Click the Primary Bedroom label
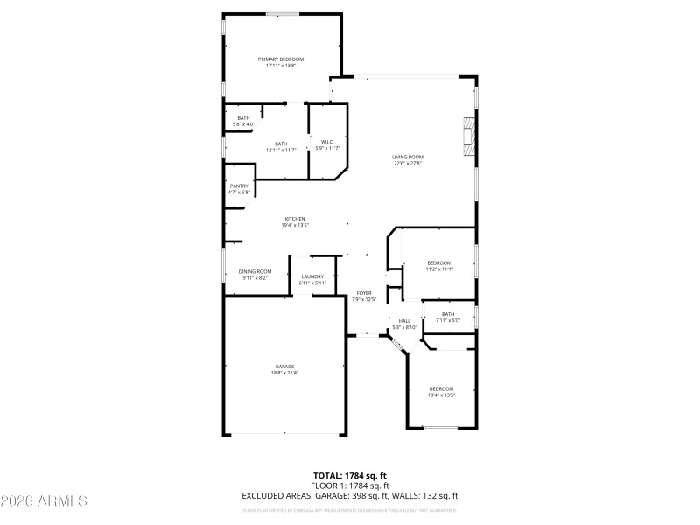(x=281, y=59)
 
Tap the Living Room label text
(x=408, y=157)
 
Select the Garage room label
(x=284, y=367)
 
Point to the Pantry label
(x=239, y=185)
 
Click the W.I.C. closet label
(x=326, y=142)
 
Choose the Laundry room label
(x=312, y=276)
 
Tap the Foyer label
(x=364, y=293)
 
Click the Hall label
(x=405, y=321)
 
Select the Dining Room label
(x=255, y=271)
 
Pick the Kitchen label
(x=294, y=219)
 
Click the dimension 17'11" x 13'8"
(x=281, y=66)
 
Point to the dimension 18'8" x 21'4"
(x=284, y=373)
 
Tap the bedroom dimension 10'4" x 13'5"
(x=441, y=395)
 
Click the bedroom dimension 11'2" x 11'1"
(x=439, y=269)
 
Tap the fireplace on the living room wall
(x=470, y=136)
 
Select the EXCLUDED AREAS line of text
(x=350, y=495)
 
